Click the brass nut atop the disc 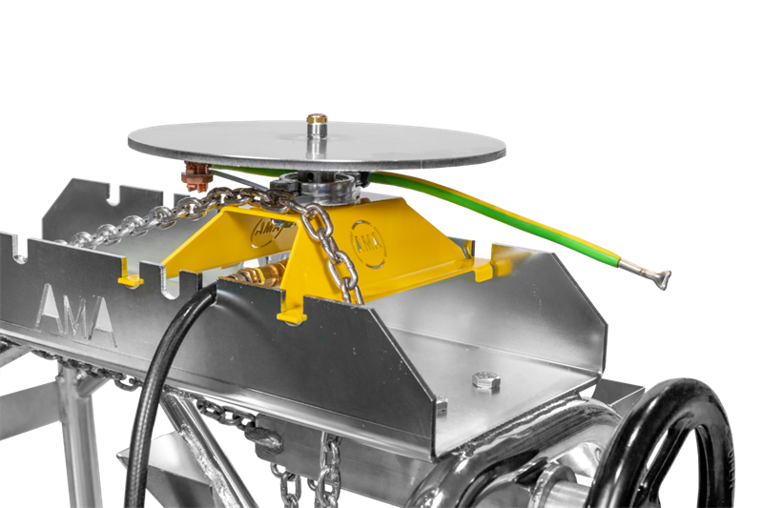pos(317,118)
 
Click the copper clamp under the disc pos(197,176)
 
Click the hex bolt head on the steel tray pos(486,380)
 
